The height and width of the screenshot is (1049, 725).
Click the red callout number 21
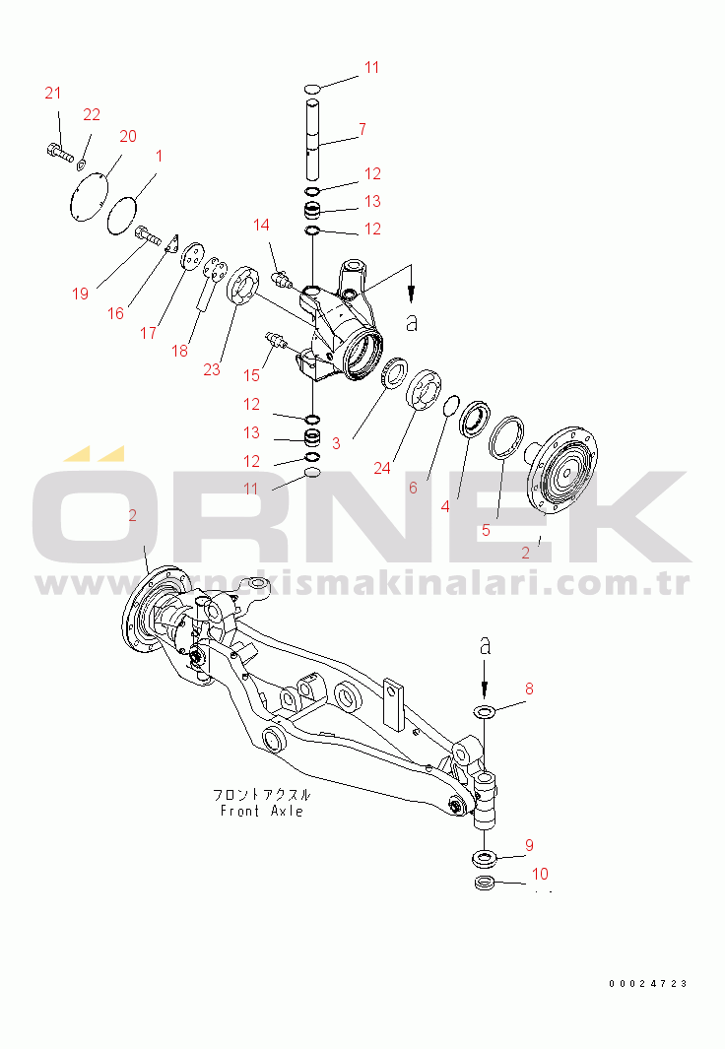53,93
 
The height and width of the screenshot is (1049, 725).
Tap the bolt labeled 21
59,153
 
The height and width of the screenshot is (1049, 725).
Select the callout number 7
362,128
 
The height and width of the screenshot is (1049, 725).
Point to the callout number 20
128,137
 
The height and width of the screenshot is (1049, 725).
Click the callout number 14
261,225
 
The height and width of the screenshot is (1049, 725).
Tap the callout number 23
212,369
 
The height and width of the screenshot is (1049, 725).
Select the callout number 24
382,468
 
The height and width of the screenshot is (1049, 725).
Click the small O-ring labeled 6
452,406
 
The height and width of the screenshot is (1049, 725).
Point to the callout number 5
487,531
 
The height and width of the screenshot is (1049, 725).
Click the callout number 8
529,689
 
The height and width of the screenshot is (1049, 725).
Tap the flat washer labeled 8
485,710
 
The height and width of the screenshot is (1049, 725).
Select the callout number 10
540,874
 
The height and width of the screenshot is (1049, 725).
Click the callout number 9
529,846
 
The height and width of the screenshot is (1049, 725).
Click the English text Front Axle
261,811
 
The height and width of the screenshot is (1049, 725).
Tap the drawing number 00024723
648,983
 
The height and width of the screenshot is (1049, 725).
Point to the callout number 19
80,294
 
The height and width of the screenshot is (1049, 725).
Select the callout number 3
337,443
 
